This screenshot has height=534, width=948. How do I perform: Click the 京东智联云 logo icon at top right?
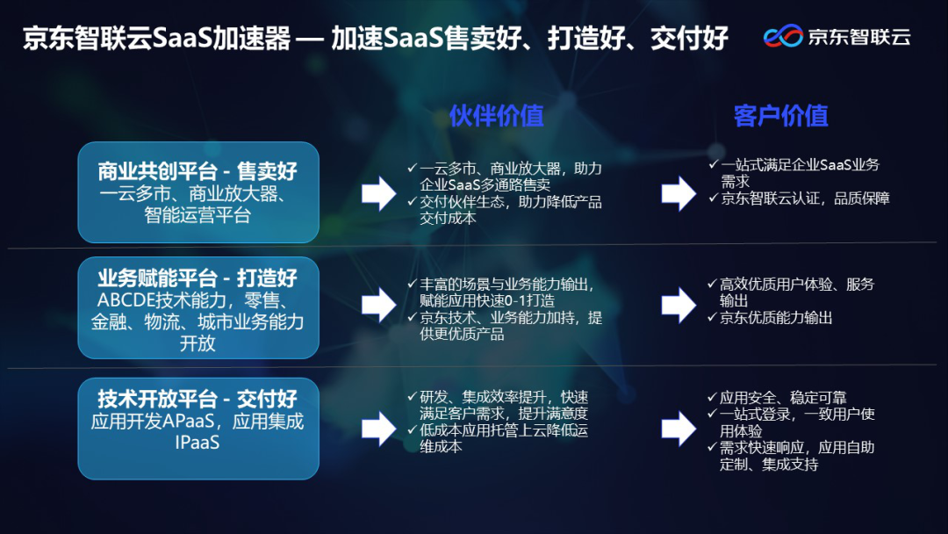[783, 37]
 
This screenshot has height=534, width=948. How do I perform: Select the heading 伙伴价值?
[496, 115]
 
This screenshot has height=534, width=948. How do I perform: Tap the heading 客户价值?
[780, 115]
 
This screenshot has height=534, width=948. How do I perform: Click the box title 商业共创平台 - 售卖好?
[197, 171]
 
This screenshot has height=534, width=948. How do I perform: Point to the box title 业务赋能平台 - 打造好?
[197, 278]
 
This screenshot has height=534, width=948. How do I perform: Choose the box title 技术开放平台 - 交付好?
[197, 398]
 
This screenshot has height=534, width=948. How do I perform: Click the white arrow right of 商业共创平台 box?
[378, 193]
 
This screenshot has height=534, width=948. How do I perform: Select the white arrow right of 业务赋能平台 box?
[378, 305]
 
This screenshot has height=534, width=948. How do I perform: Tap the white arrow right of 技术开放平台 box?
[378, 428]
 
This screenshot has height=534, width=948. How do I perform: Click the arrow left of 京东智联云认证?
[679, 193]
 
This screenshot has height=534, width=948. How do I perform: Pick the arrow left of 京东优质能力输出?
[679, 305]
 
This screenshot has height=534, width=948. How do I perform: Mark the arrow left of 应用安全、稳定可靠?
[679, 428]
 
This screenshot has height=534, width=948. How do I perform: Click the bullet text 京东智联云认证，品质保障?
[805, 198]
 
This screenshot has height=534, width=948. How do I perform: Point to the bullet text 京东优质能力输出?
[776, 318]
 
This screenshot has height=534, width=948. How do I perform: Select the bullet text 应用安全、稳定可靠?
[783, 397]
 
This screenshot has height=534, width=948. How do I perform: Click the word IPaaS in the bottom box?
[197, 443]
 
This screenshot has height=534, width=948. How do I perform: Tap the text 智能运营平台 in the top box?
[197, 215]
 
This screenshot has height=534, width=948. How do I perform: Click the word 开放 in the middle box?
[197, 343]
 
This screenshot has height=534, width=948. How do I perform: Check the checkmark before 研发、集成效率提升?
[413, 397]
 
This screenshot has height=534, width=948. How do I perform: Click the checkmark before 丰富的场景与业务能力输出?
[413, 285]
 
